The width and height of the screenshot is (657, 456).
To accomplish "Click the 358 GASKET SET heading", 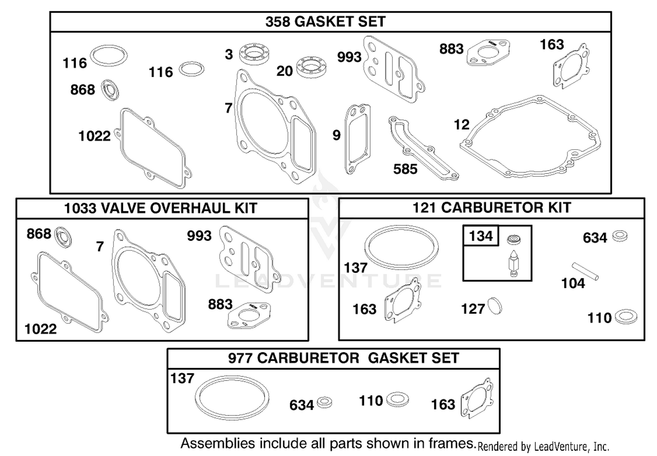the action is tap(325, 22).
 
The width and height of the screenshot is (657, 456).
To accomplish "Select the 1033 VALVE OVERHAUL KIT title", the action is tap(160, 208).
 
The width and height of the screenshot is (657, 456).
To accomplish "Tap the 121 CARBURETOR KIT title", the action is tap(491, 208).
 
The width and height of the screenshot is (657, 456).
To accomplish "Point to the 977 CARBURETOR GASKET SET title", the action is tap(343, 358).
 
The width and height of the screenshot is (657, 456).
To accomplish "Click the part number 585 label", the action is tap(405, 169).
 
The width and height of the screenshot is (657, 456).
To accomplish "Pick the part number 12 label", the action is tap(461, 125).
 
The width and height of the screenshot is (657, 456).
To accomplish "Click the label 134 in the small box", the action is tap(481, 236).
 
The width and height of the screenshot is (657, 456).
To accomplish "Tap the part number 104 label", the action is tap(573, 284).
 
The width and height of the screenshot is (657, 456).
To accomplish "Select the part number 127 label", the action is tap(473, 309).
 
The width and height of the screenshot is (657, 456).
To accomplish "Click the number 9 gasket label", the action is tap(336, 135).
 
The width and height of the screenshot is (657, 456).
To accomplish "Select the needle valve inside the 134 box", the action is tap(513, 263).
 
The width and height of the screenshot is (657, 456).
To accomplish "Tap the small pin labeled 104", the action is tap(585, 271).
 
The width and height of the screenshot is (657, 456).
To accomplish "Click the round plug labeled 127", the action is tap(495, 306).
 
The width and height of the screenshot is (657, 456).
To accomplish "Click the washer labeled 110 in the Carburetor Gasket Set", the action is tap(397, 400).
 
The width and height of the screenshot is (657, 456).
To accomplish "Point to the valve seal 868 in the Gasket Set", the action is tap(110, 90).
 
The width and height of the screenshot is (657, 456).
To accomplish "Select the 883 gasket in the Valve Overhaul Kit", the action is tap(249, 316).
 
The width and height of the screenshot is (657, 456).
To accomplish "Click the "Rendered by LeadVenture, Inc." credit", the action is tap(543, 447).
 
